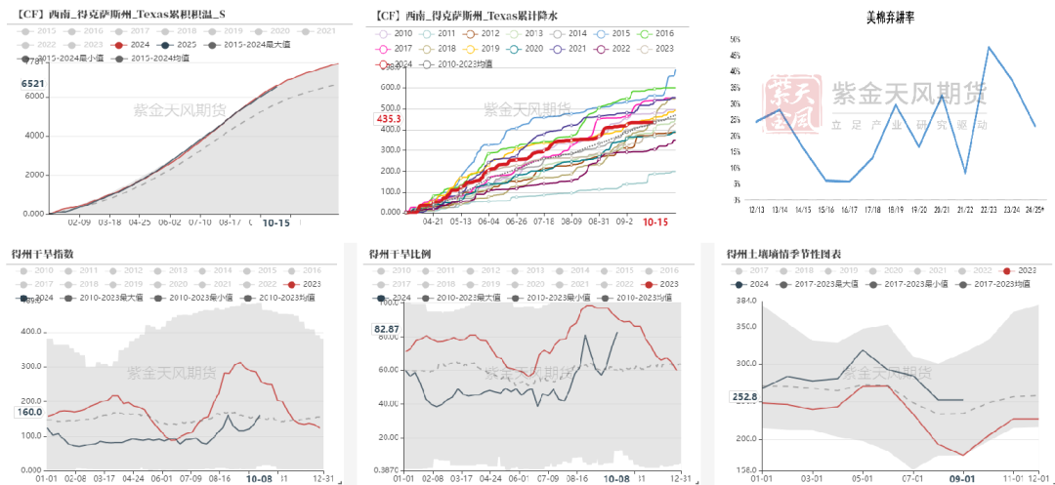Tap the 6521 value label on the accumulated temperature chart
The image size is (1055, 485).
(32, 85)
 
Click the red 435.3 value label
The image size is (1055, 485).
(388, 118)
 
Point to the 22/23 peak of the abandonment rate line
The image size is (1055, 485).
(989, 47)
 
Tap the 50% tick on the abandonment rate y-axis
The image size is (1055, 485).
(735, 40)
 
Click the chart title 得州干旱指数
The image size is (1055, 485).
(44, 254)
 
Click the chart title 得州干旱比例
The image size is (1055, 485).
(400, 254)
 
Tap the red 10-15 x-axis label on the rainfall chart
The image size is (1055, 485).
(654, 222)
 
